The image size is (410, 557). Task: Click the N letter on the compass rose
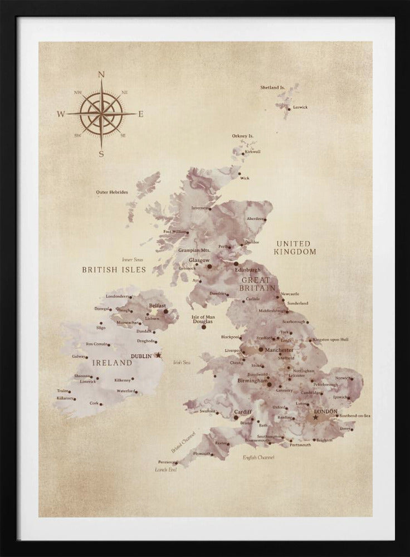tap(101, 74)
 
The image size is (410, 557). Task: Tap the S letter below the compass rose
tap(101, 154)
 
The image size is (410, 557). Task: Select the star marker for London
tap(316, 417)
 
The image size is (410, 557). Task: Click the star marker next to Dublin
tap(158, 355)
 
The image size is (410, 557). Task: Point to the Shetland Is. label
tap(272, 87)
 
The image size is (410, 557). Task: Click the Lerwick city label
tap(300, 107)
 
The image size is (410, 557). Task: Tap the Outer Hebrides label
tap(112, 192)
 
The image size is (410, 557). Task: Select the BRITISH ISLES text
tap(114, 270)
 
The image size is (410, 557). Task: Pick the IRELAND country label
tap(112, 363)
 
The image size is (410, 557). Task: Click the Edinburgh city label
tap(247, 270)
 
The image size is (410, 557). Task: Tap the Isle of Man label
tap(203, 317)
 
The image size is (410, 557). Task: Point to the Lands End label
tap(165, 470)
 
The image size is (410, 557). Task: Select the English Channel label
tap(258, 457)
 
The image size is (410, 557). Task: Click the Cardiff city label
tap(243, 412)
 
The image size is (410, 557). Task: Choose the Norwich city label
tap(343, 378)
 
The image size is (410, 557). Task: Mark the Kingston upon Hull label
tap(330, 339)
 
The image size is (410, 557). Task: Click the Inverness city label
tap(199, 208)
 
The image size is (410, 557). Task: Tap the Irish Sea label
tap(182, 362)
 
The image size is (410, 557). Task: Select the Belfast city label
tap(157, 306)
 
